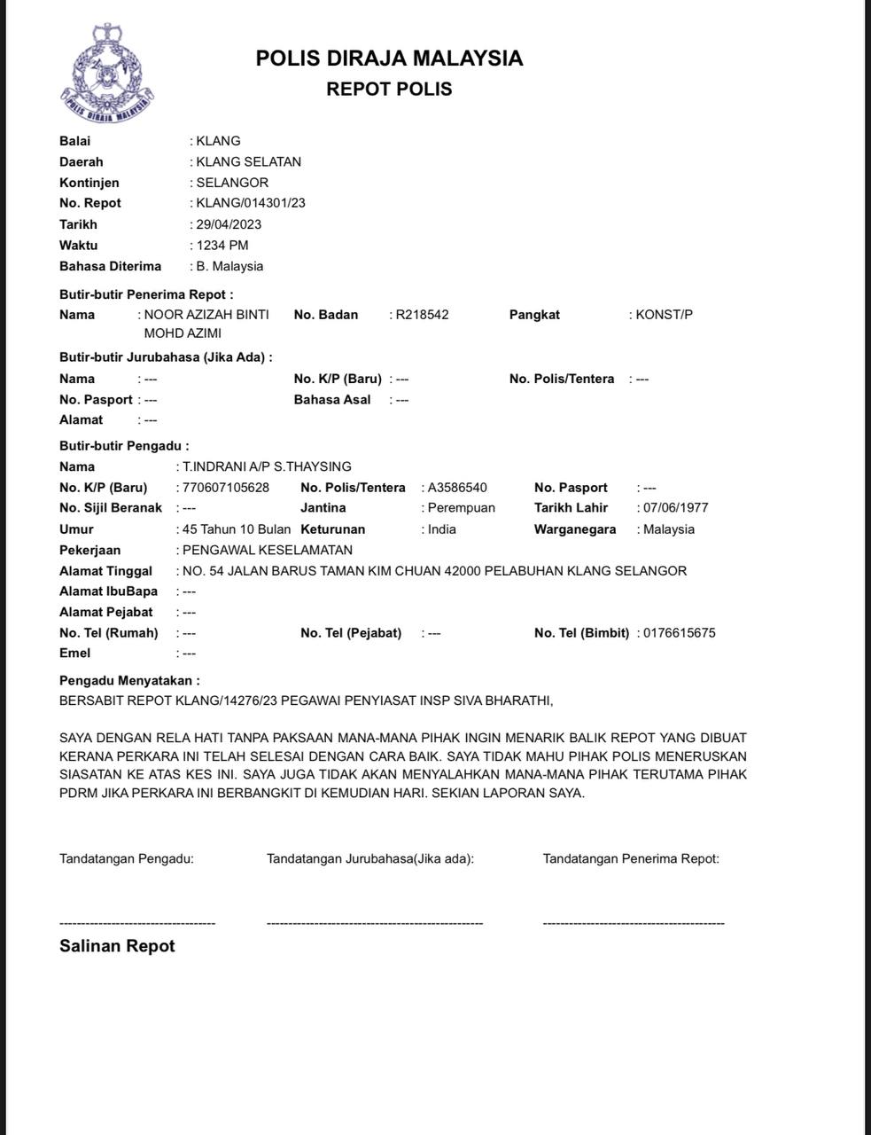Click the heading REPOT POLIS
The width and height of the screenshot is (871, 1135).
[389, 89]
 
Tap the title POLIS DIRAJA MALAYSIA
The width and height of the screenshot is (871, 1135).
[389, 59]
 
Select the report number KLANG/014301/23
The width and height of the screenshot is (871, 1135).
[251, 203]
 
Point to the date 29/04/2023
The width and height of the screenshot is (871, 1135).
[229, 224]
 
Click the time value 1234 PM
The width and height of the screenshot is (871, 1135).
[222, 245]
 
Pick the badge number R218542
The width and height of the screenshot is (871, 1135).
[422, 315]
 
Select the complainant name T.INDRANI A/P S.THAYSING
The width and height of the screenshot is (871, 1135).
[267, 466]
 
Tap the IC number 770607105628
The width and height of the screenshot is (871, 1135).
[226, 488]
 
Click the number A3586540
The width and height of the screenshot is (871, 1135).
[457, 488]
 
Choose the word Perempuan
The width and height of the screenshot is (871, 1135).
[461, 508]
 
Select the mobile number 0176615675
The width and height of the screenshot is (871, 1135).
[680, 633]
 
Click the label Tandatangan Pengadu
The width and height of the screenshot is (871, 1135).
[127, 858]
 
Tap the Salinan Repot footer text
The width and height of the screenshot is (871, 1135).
[117, 946]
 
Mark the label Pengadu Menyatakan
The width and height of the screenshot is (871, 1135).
[129, 681]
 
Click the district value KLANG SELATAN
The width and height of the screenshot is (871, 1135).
[248, 161]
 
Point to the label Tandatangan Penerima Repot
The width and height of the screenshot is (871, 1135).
[631, 858]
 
